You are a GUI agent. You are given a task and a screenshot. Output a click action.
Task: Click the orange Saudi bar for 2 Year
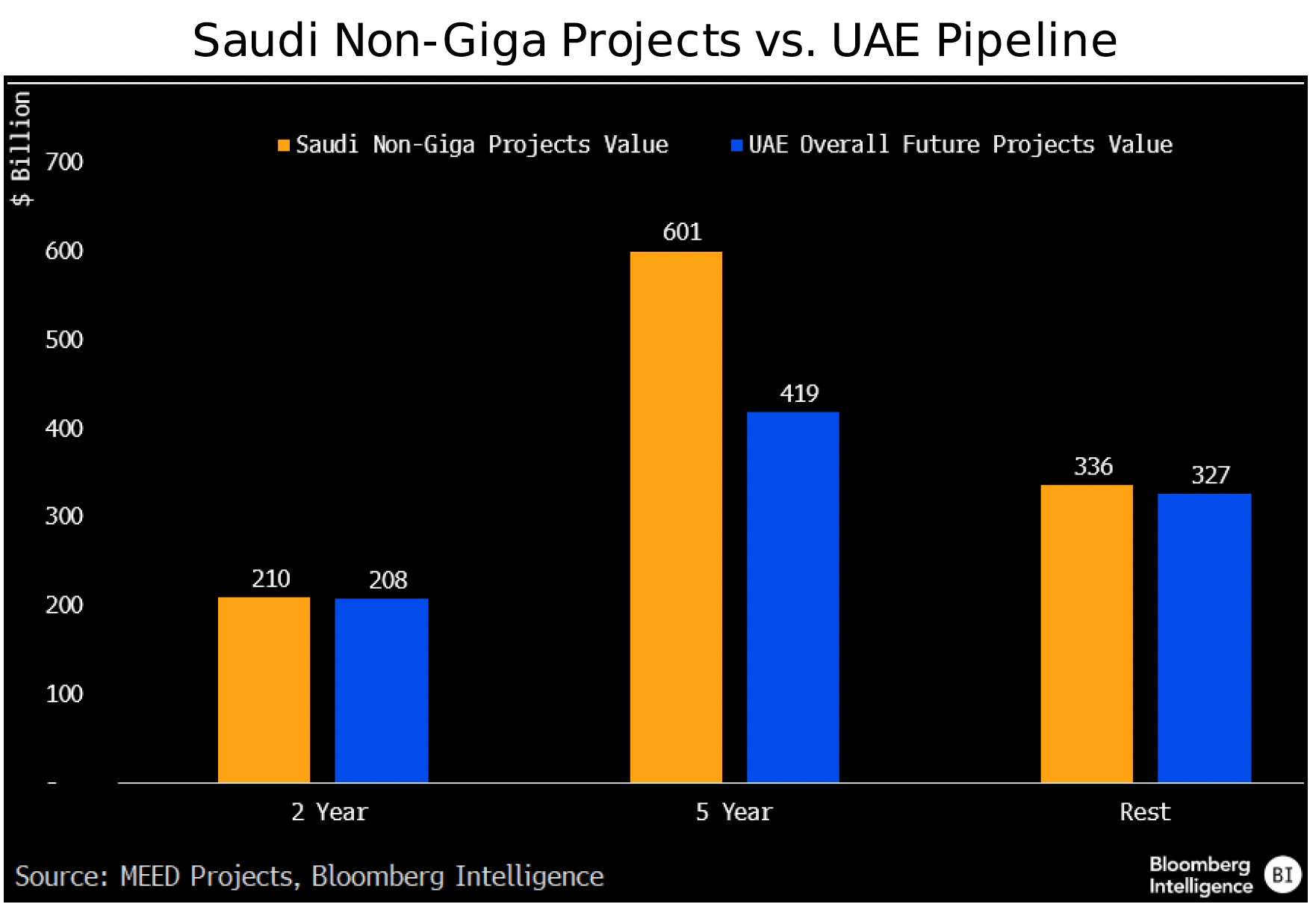coord(264,689)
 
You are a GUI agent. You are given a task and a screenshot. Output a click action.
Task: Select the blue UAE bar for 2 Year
coord(381,690)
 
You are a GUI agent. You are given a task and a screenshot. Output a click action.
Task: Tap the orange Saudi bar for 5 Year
coord(676,517)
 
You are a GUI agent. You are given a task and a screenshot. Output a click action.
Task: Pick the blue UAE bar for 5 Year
coord(792,597)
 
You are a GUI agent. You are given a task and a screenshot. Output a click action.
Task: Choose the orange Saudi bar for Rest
coord(1086,634)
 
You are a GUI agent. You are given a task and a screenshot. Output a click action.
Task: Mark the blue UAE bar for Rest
coord(1204,637)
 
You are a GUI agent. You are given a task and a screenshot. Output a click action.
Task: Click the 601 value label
coord(682,232)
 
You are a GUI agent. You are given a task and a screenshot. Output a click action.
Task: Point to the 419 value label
coord(799,394)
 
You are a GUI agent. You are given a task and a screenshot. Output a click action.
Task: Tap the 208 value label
coord(388,581)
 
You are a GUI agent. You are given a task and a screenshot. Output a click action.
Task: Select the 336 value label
coord(1093,467)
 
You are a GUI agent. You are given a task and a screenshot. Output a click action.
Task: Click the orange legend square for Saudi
coord(284,146)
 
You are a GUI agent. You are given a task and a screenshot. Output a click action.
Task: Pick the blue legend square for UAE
coord(736,146)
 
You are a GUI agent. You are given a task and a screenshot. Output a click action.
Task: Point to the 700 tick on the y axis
coord(64,162)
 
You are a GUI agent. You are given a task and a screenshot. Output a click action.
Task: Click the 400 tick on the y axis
coord(64,429)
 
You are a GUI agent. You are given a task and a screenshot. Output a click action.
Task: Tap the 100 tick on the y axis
coord(64,694)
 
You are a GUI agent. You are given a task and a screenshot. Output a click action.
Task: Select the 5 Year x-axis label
coord(733,812)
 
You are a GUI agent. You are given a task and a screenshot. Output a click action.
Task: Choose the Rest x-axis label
coord(1144,812)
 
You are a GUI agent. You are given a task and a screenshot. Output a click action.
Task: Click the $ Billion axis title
coord(21,148)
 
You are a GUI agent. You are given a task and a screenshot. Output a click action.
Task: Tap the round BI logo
coord(1282,875)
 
